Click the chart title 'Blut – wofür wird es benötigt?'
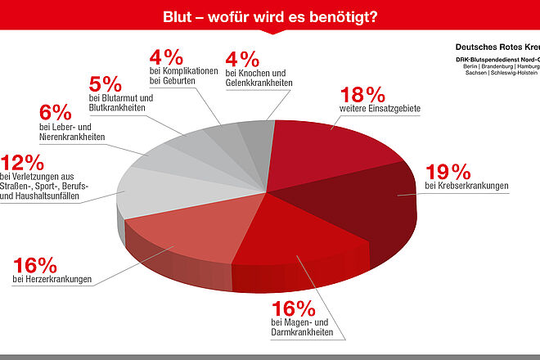tap(270, 16)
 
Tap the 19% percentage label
tap(448, 171)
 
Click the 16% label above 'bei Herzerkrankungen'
tap(35, 265)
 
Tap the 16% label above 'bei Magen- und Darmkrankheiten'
tap(293, 308)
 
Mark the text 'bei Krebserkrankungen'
tap(466, 187)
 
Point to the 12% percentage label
tap(21, 161)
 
